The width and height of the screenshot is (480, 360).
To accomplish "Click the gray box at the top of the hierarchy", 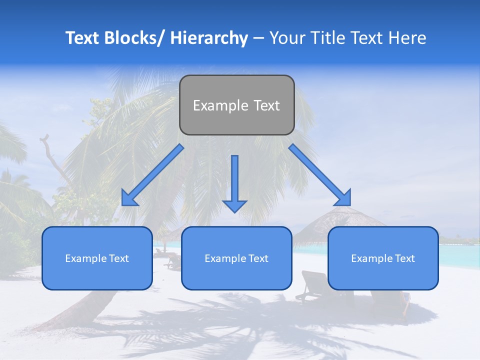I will pyautogui.click(x=236, y=105).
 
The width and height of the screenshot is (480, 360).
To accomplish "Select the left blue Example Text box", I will pyautogui.click(x=97, y=258).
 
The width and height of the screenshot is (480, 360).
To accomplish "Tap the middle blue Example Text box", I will pyautogui.click(x=236, y=258).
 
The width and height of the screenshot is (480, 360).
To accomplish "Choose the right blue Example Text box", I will pyautogui.click(x=383, y=258).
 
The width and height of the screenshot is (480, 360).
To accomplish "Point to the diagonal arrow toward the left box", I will pyautogui.click(x=152, y=175).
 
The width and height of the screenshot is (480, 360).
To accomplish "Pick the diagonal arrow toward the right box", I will pyautogui.click(x=320, y=175).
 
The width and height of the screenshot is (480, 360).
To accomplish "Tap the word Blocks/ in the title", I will pyautogui.click(x=132, y=38).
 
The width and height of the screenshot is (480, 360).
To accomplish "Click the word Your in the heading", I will pyautogui.click(x=287, y=38).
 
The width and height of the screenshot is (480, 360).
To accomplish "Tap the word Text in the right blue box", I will pyautogui.click(x=404, y=258).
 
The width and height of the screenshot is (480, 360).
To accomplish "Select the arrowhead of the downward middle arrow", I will pyautogui.click(x=235, y=206).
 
